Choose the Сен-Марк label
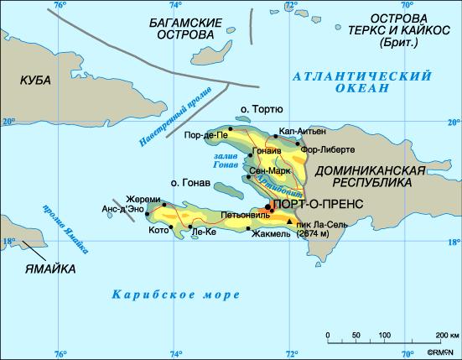[269, 171]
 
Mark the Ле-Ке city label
[204, 232]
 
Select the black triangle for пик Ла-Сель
[290, 222]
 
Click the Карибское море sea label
[175, 295]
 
